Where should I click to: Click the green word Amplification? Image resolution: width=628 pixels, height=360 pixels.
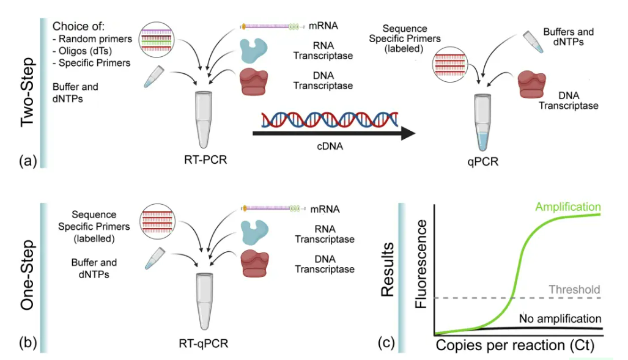pyautogui.click(x=568, y=207)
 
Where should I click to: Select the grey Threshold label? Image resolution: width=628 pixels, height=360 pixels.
pyautogui.click(x=574, y=289)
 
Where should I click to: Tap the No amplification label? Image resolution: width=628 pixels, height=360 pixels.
pyautogui.click(x=560, y=318)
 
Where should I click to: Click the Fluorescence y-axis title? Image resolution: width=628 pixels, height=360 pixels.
pyautogui.click(x=421, y=269)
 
